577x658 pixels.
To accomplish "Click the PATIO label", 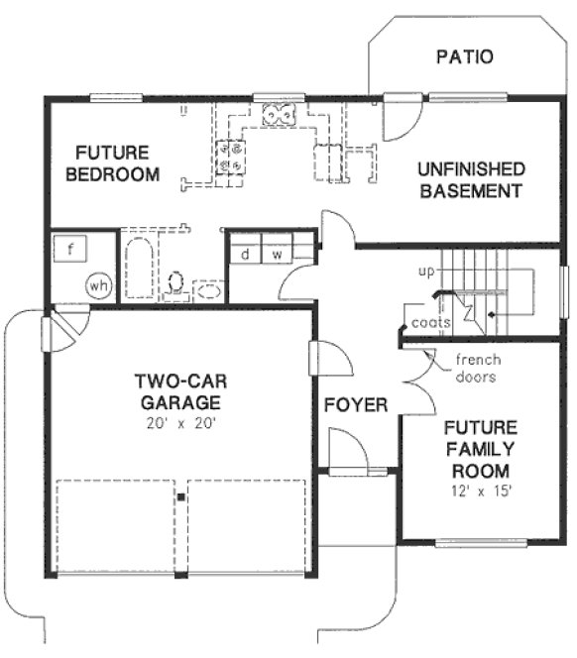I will [x=464, y=56].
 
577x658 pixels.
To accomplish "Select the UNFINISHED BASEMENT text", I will [x=470, y=180].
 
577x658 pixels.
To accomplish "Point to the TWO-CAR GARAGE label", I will [x=179, y=391].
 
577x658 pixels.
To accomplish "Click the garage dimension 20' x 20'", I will [x=178, y=423].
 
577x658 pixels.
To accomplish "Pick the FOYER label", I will [x=355, y=404].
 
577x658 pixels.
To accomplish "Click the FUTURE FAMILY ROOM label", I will [x=480, y=449].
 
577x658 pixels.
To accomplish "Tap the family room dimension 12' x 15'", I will [x=480, y=491].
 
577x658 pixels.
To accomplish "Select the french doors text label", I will [x=476, y=368].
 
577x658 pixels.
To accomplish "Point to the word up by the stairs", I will [x=426, y=271].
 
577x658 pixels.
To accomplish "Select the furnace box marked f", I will [x=69, y=248].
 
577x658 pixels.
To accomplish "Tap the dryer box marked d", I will [x=244, y=255].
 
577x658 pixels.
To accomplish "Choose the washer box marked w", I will [x=278, y=255].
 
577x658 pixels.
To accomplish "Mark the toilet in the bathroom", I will [x=175, y=283].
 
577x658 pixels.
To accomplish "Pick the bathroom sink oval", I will [x=208, y=291].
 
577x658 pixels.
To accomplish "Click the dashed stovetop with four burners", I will [x=235, y=156].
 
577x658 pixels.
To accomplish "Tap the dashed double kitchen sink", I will [x=279, y=116].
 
